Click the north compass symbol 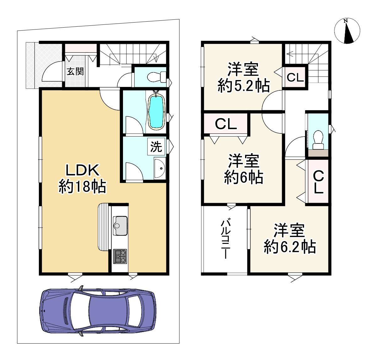click(x=347, y=31)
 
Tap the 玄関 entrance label click(x=75, y=72)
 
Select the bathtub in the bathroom click(x=156, y=112)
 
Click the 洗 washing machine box click(x=156, y=147)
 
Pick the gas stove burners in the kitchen click(x=120, y=256)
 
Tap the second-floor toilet click(x=318, y=140)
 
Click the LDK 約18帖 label click(x=82, y=179)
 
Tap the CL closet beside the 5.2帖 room click(x=295, y=77)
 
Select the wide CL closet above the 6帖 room click(x=226, y=124)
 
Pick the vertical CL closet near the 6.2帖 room click(x=318, y=182)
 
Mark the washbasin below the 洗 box click(x=159, y=169)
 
